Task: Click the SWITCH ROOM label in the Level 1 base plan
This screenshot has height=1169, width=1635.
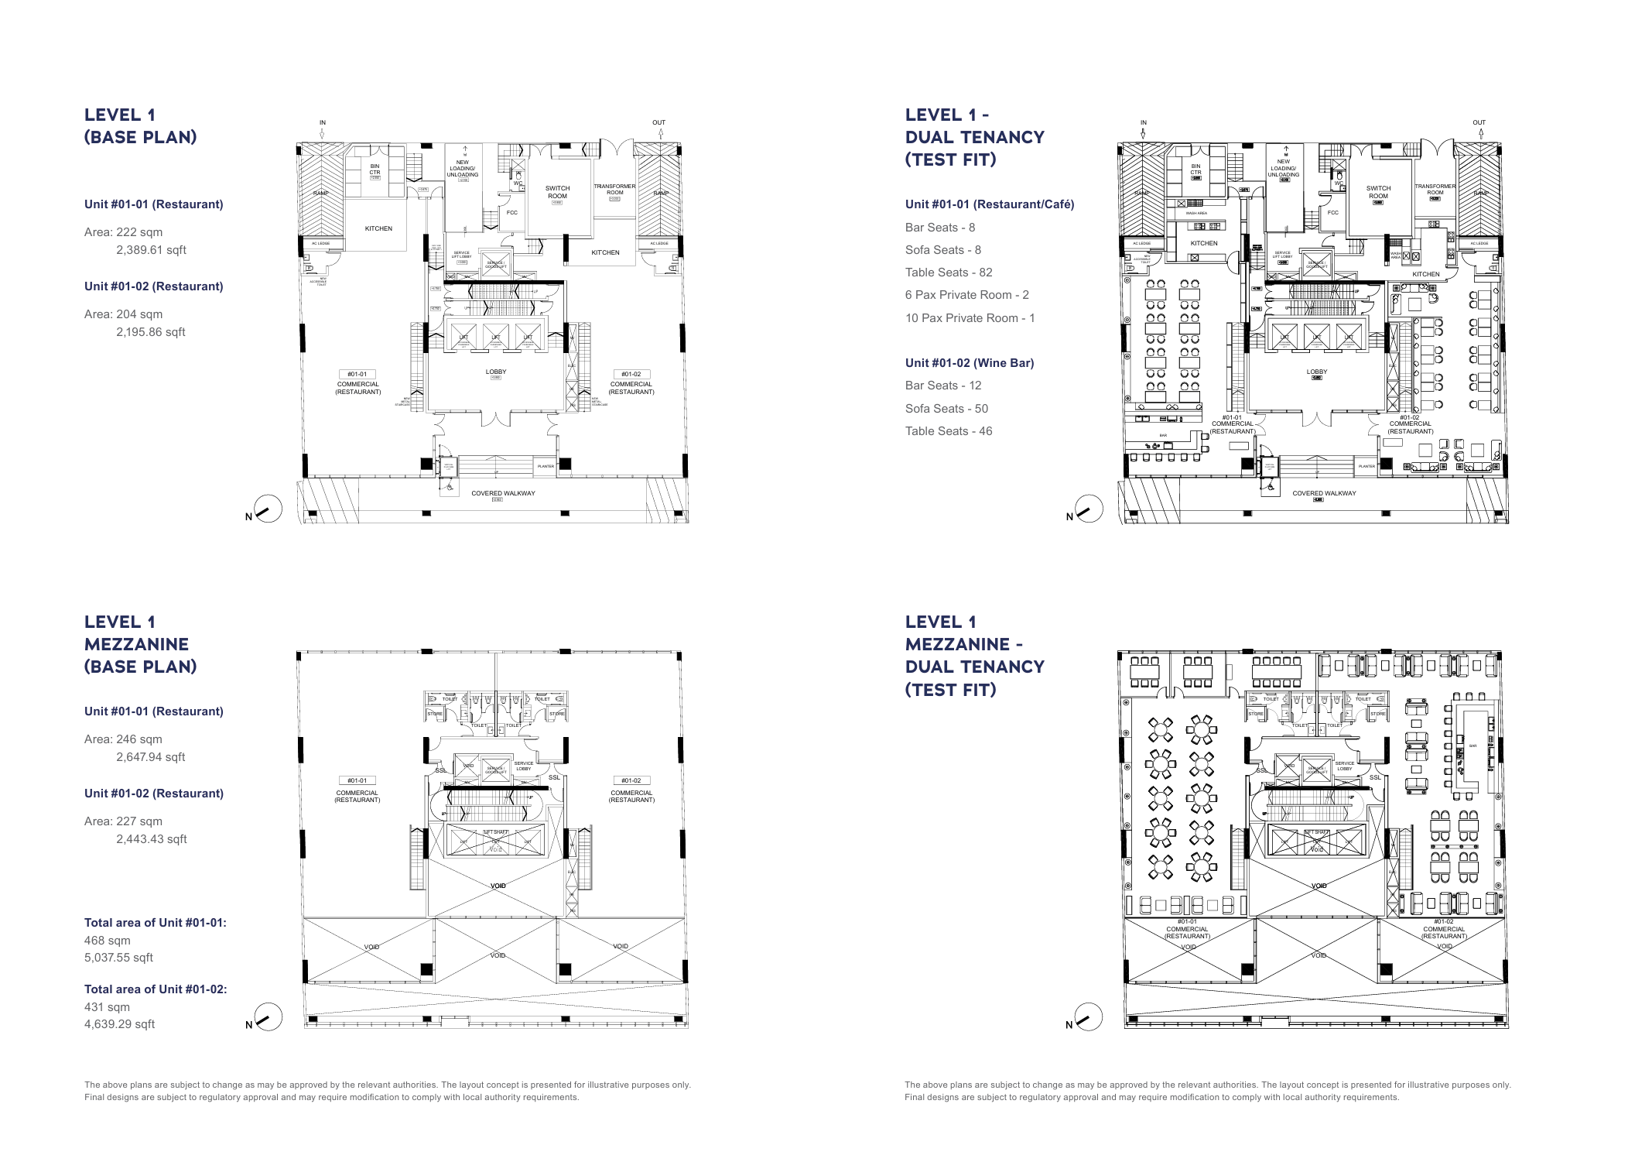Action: [x=557, y=192]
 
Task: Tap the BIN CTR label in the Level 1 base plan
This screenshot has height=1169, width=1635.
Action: [x=375, y=169]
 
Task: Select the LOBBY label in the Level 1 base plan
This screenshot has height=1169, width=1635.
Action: [x=496, y=372]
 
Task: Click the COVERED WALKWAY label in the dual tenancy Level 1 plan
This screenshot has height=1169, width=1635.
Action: [x=1324, y=493]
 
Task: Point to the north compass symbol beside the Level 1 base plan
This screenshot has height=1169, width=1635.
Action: [x=268, y=509]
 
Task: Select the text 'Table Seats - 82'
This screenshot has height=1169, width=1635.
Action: [x=949, y=273]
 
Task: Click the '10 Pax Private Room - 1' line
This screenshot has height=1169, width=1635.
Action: [x=970, y=318]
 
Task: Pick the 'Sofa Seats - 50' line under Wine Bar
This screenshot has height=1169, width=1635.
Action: [x=946, y=409]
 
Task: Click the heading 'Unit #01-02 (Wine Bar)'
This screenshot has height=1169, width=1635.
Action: [x=970, y=363]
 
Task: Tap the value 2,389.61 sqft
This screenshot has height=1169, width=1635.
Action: [x=151, y=250]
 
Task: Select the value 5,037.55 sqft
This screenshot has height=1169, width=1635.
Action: [x=118, y=958]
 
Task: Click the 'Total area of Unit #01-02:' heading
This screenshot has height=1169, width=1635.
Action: [x=156, y=989]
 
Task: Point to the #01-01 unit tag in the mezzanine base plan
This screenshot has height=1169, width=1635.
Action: [x=357, y=780]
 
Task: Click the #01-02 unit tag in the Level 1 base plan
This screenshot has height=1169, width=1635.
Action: [x=631, y=374]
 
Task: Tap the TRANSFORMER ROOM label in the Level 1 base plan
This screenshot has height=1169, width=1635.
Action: [x=614, y=190]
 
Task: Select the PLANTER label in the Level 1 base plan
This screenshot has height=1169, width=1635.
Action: [x=546, y=466]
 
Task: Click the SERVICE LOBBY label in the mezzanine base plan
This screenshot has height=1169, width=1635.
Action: [x=524, y=766]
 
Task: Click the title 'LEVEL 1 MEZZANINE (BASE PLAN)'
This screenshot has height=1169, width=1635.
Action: [x=140, y=644]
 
